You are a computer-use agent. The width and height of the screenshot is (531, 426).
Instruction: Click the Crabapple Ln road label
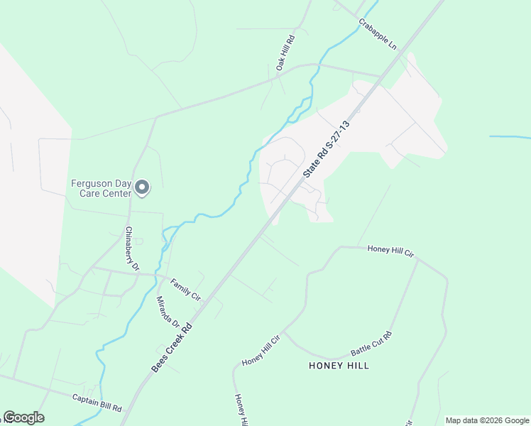377,33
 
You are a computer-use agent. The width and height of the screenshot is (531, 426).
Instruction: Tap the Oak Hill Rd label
285,51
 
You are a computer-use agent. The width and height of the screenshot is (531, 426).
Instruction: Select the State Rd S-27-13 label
327,148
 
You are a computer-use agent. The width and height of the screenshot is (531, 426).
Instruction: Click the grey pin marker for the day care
142,188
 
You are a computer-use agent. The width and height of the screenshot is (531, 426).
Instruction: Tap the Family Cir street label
186,288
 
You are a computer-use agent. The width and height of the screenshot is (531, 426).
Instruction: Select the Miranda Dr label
168,311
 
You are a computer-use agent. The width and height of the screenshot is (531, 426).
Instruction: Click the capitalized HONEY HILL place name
339,366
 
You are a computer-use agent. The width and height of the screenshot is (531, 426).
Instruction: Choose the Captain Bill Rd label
97,404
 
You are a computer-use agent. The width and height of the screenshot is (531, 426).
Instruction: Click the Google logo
23,417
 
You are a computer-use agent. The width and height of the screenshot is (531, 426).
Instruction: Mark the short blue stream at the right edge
509,136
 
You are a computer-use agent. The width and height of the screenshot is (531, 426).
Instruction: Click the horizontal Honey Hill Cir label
390,251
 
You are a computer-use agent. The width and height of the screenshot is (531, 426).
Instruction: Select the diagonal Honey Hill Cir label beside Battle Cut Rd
261,351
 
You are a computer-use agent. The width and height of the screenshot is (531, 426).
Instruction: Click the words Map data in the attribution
462,420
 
